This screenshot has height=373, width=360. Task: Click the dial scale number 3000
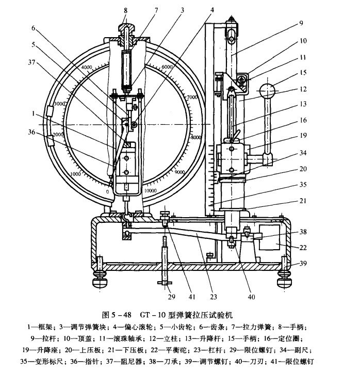coord(60,104)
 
